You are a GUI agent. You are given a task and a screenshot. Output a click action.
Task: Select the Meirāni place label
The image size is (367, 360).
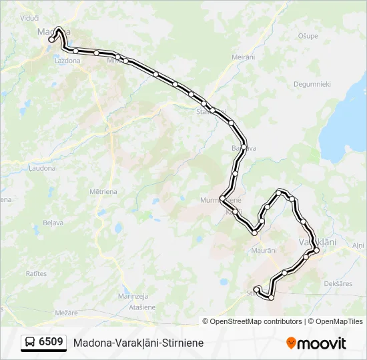(x=244, y=57)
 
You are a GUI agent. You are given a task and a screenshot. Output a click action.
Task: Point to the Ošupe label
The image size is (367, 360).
(x=308, y=36)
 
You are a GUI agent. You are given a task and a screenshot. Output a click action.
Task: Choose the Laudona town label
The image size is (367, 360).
(x=41, y=168)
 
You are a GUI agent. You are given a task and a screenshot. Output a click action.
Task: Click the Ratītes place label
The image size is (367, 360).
(x=36, y=273)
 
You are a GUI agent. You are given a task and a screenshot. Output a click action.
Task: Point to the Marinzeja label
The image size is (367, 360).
(x=132, y=295)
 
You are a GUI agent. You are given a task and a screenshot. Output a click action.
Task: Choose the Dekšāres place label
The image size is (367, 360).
(x=338, y=283)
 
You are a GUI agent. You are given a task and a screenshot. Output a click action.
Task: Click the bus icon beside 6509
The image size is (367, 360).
(x=30, y=343)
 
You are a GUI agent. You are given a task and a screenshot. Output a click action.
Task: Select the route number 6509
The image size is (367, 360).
(x=51, y=342)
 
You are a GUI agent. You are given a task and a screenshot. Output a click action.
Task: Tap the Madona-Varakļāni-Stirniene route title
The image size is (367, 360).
(x=139, y=343)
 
